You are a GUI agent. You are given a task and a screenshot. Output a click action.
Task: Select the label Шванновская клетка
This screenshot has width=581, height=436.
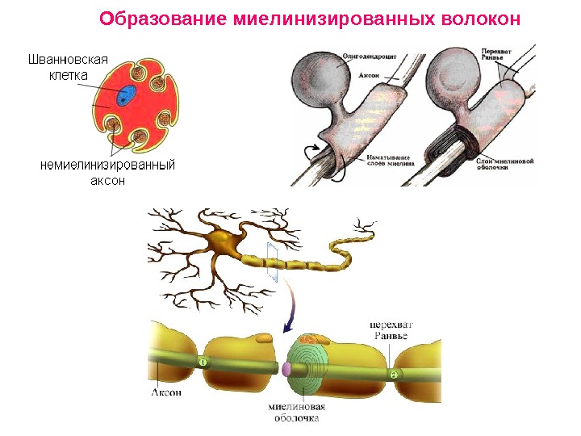pyautogui.click(x=68, y=66)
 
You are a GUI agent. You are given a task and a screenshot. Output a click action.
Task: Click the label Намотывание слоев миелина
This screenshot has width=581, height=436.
pyautogui.click(x=390, y=159)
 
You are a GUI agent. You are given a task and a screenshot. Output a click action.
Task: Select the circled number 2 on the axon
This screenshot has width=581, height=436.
pyautogui.click(x=394, y=374)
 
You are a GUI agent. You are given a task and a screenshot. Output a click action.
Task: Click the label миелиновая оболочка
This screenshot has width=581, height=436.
pyautogui.click(x=296, y=413)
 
